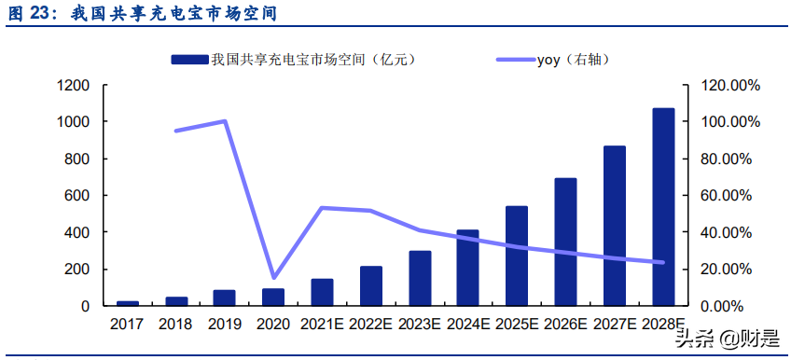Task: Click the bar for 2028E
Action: pos(663,207)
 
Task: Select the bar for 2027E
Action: pos(615,226)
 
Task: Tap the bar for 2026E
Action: pos(565,242)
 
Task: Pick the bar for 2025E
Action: pos(517,256)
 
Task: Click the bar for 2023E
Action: pos(420,278)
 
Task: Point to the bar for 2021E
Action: pos(322,292)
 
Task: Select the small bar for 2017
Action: pos(127,303)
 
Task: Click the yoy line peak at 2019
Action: pos(225,120)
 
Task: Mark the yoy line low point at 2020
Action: pos(273,278)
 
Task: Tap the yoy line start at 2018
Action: pos(176,131)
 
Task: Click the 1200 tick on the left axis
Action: pos(73,86)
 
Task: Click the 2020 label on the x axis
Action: pos(273,325)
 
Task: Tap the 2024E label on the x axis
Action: pos(468,325)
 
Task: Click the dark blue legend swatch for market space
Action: pos(189,60)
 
